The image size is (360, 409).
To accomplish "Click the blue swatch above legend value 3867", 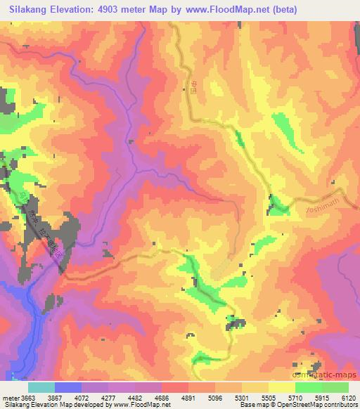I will [x=68, y=387].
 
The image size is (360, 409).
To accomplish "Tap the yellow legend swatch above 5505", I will [x=281, y=387].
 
